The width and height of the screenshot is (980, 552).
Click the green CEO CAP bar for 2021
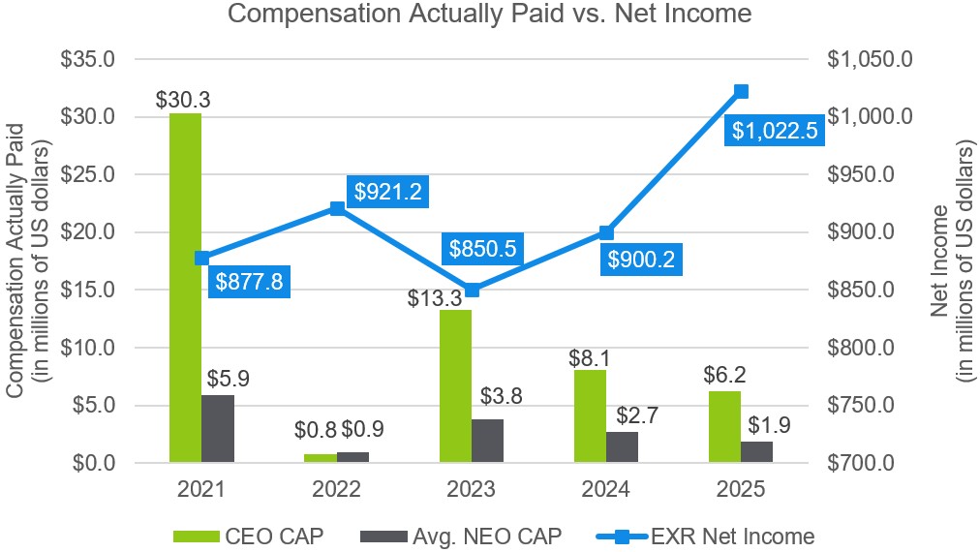185,288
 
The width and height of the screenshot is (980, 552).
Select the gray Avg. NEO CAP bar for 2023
487,441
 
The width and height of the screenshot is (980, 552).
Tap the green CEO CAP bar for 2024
590,416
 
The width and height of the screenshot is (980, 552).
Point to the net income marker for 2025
742,91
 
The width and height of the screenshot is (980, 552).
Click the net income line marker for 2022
337,208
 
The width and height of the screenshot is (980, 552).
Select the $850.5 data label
481,249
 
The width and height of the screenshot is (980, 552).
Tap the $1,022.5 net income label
776,131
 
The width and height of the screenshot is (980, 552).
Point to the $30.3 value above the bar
184,100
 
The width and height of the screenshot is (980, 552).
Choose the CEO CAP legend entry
246,535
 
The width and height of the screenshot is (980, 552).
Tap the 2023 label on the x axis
472,490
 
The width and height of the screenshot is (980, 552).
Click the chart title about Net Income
489,15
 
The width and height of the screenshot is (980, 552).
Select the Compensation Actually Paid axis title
26,261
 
